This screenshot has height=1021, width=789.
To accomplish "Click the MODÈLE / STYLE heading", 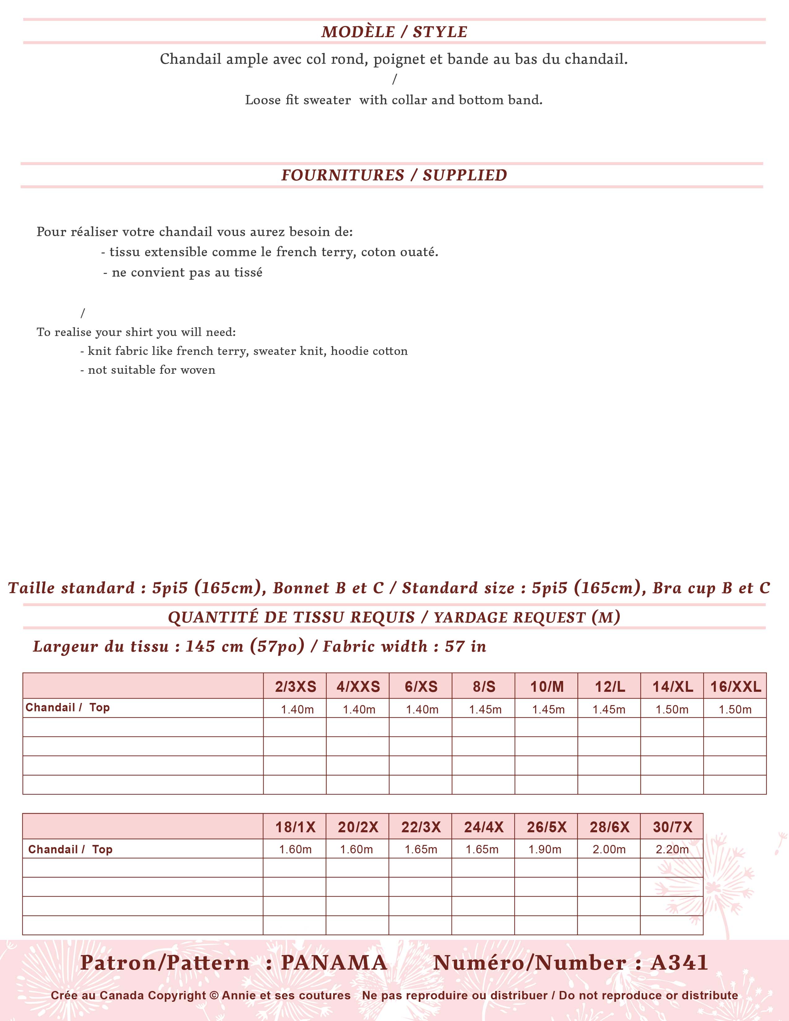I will tap(394, 32).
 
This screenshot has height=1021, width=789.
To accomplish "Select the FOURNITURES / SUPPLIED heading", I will tap(394, 175).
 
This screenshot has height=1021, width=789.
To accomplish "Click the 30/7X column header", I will tap(672, 827).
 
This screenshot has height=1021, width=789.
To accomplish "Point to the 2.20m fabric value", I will tap(672, 849).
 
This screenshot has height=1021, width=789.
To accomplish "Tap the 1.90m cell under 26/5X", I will tap(545, 849).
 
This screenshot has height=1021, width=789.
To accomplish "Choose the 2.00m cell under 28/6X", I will tap(609, 849).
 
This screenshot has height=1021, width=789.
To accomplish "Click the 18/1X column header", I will tap(295, 827).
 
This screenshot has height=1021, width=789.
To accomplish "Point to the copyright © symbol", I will tap(214, 995).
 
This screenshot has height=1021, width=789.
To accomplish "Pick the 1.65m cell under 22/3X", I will tap(421, 849).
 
